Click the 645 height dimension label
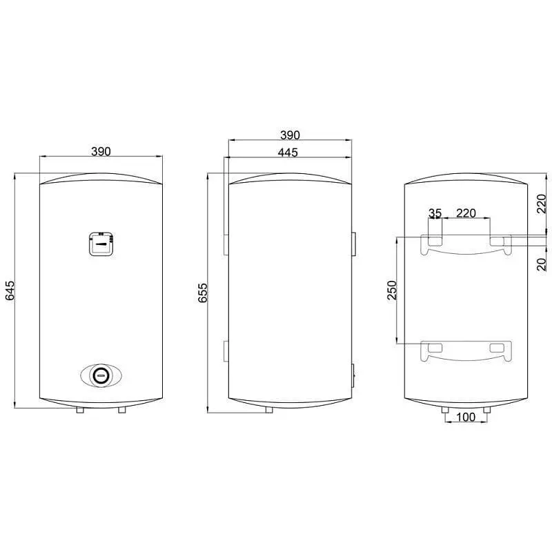[10, 290]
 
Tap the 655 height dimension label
[203, 293]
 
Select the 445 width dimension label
[288, 152]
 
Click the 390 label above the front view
[101, 151]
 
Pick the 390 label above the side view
[290, 135]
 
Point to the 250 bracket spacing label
[392, 290]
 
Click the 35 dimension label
[435, 213]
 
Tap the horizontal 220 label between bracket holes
[466, 213]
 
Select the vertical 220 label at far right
[542, 204]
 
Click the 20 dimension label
[542, 264]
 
